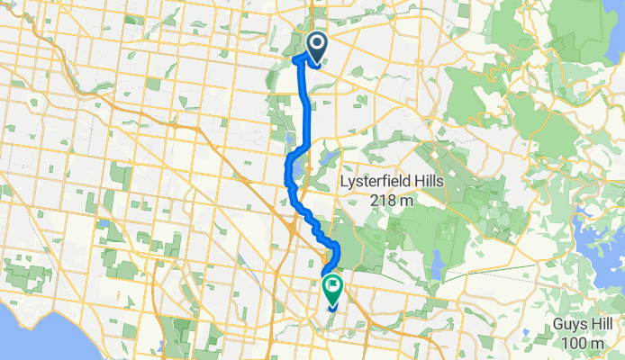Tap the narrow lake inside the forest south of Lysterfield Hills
[437, 266]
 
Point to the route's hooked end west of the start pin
[296, 59]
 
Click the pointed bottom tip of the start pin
[318, 66]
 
